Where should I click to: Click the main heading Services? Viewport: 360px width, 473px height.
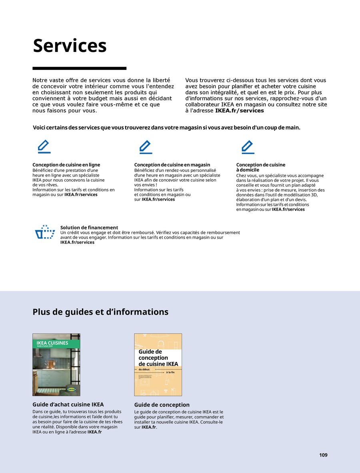click(70, 46)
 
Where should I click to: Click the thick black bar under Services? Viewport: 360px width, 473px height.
click(79, 68)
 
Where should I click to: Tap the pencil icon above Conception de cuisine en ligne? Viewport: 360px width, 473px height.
click(44, 147)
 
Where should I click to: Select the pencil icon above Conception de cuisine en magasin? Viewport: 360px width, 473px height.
click(146, 147)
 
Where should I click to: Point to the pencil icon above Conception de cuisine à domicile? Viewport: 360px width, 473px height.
click(248, 147)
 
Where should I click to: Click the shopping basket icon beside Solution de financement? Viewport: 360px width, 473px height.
click(45, 232)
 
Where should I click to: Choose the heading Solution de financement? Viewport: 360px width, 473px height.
click(89, 228)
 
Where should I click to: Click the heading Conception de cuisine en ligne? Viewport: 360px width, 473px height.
click(66, 165)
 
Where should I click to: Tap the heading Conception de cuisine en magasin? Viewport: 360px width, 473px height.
click(172, 165)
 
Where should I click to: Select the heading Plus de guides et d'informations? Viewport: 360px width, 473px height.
click(100, 312)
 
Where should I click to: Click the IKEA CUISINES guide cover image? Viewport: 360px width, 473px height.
click(56, 365)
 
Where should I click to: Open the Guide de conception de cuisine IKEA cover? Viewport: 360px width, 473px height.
click(158, 365)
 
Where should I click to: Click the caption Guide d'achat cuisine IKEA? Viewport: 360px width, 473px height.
click(68, 405)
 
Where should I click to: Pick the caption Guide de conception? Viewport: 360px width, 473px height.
click(162, 405)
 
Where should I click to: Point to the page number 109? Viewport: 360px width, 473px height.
click(323, 455)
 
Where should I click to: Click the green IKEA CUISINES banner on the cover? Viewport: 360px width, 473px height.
click(56, 343)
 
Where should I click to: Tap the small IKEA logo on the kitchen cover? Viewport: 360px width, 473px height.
click(72, 389)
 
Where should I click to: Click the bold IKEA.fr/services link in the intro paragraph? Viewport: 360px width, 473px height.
click(240, 110)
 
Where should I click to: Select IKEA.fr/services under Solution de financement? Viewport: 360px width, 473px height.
click(77, 242)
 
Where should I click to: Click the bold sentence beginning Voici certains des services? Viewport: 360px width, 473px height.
click(166, 128)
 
